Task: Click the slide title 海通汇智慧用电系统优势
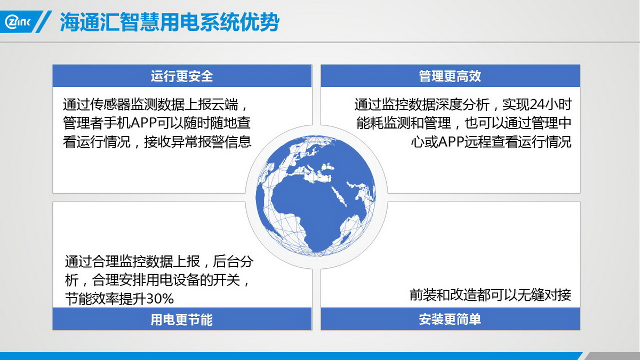click(170, 22)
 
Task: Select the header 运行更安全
click(182, 76)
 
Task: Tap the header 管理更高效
click(450, 76)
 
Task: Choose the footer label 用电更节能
click(182, 319)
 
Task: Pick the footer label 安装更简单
click(450, 319)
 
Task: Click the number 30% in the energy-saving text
click(160, 299)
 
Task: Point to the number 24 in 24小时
click(537, 105)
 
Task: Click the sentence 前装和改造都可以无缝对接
click(490, 295)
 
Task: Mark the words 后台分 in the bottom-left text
click(233, 261)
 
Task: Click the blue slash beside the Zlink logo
click(43, 22)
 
